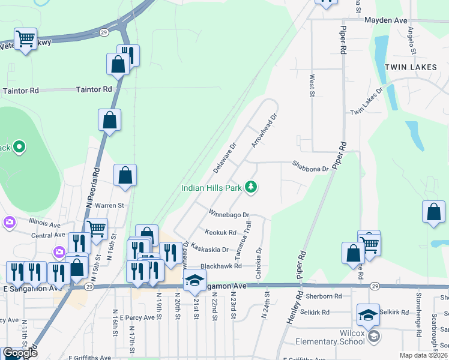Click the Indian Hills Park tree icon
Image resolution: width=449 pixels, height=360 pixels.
[251, 188]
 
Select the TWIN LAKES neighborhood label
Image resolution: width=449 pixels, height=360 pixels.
[411, 67]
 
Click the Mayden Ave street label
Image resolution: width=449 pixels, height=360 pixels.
[386, 20]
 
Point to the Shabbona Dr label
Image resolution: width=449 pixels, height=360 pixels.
[310, 166]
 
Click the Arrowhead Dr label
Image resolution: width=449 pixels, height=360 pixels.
[264, 131]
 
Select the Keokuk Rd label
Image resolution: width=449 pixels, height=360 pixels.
[220, 232]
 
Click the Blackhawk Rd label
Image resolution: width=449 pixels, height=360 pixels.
[221, 266]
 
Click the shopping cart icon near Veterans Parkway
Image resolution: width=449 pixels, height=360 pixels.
[25, 39]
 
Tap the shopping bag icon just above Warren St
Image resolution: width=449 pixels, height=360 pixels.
[125, 176]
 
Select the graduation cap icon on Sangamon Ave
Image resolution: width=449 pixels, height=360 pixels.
[194, 280]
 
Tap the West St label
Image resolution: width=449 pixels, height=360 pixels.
[312, 85]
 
